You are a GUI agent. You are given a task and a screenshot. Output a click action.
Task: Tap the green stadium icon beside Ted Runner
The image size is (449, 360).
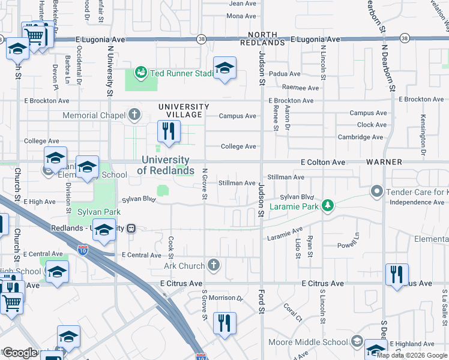tap(141, 73)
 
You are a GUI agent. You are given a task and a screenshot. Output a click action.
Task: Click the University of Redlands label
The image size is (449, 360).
tap(166, 165)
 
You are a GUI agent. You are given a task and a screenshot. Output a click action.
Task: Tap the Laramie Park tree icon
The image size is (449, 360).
tap(328, 206)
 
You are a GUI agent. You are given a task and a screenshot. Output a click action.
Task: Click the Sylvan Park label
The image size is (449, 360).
tap(98, 212)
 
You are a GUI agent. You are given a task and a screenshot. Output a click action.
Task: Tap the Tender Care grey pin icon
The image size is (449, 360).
tap(377, 192)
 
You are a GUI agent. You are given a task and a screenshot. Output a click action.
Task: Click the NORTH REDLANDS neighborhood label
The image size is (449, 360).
tap(262, 39)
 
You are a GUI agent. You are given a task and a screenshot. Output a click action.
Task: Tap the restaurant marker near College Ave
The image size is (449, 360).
tap(168, 131)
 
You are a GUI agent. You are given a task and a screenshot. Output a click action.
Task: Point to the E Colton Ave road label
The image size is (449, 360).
tap(323, 163)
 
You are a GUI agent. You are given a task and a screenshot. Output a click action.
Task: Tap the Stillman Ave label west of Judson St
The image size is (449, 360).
tap(237, 183)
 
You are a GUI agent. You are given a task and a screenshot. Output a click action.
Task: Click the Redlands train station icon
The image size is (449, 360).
tap(130, 229)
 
